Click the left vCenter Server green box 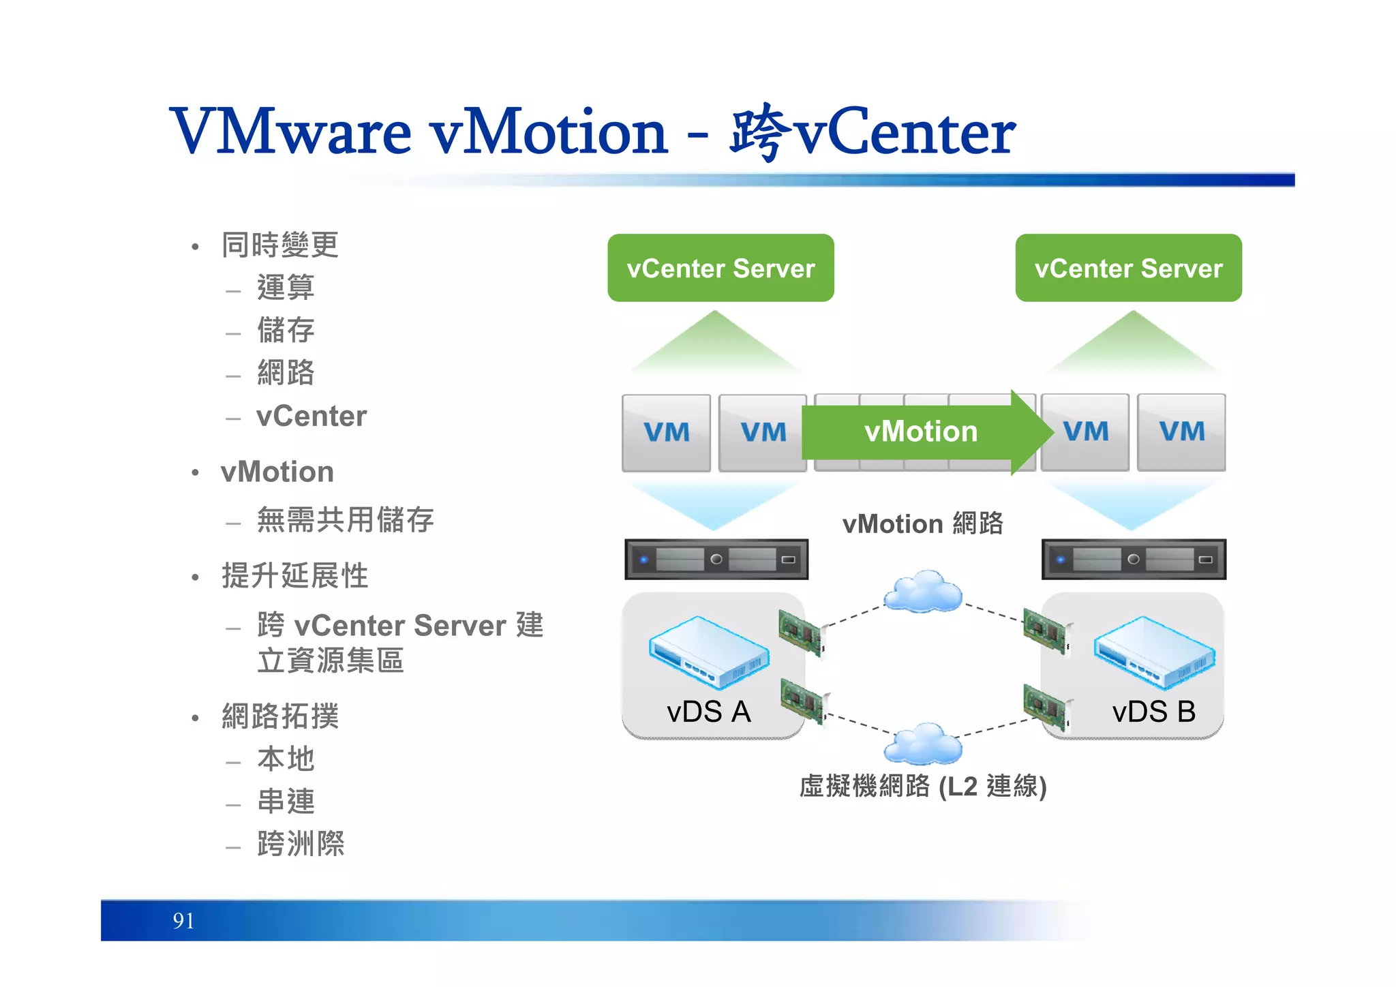720,268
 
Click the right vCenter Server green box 1128,268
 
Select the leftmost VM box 666,432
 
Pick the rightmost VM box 1181,432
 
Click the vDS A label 708,712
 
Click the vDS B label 1153,712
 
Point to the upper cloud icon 923,591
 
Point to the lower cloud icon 923,744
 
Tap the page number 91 183,921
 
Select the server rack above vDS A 716,560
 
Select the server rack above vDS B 1134,560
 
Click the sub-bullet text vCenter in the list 312,416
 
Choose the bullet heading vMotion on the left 277,472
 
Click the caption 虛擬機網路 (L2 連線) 923,786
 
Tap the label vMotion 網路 923,524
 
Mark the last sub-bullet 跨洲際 301,844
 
